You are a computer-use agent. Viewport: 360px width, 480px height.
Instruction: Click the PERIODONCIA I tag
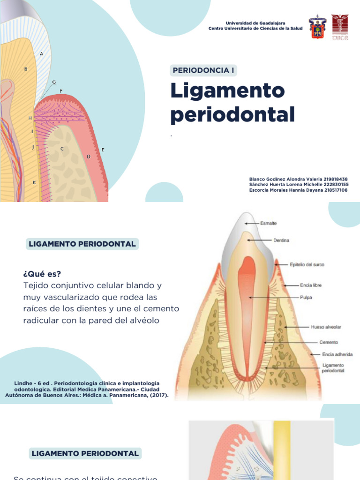tap(203, 71)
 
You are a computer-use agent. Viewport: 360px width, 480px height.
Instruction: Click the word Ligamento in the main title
tap(227, 90)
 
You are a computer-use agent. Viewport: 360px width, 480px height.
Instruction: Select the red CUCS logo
tap(340, 27)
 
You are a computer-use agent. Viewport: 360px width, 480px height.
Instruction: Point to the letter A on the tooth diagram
tap(42, 53)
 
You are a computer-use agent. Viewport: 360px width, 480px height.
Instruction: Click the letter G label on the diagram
tap(54, 82)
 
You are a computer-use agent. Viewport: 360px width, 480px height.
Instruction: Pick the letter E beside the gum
tap(103, 150)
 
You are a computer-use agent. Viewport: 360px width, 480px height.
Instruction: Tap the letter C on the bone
tap(62, 149)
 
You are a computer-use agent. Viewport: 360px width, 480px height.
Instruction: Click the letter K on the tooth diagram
tap(34, 182)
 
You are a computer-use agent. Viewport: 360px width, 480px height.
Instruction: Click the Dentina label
tap(281, 240)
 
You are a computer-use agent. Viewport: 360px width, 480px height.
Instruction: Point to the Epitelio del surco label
tap(307, 265)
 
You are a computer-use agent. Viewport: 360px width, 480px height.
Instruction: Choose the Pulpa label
tap(306, 297)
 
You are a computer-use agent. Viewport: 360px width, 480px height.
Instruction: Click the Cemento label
tap(329, 342)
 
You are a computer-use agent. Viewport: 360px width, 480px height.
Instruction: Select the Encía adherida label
tap(337, 354)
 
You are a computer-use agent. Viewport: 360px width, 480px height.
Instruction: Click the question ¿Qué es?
tap(42, 274)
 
